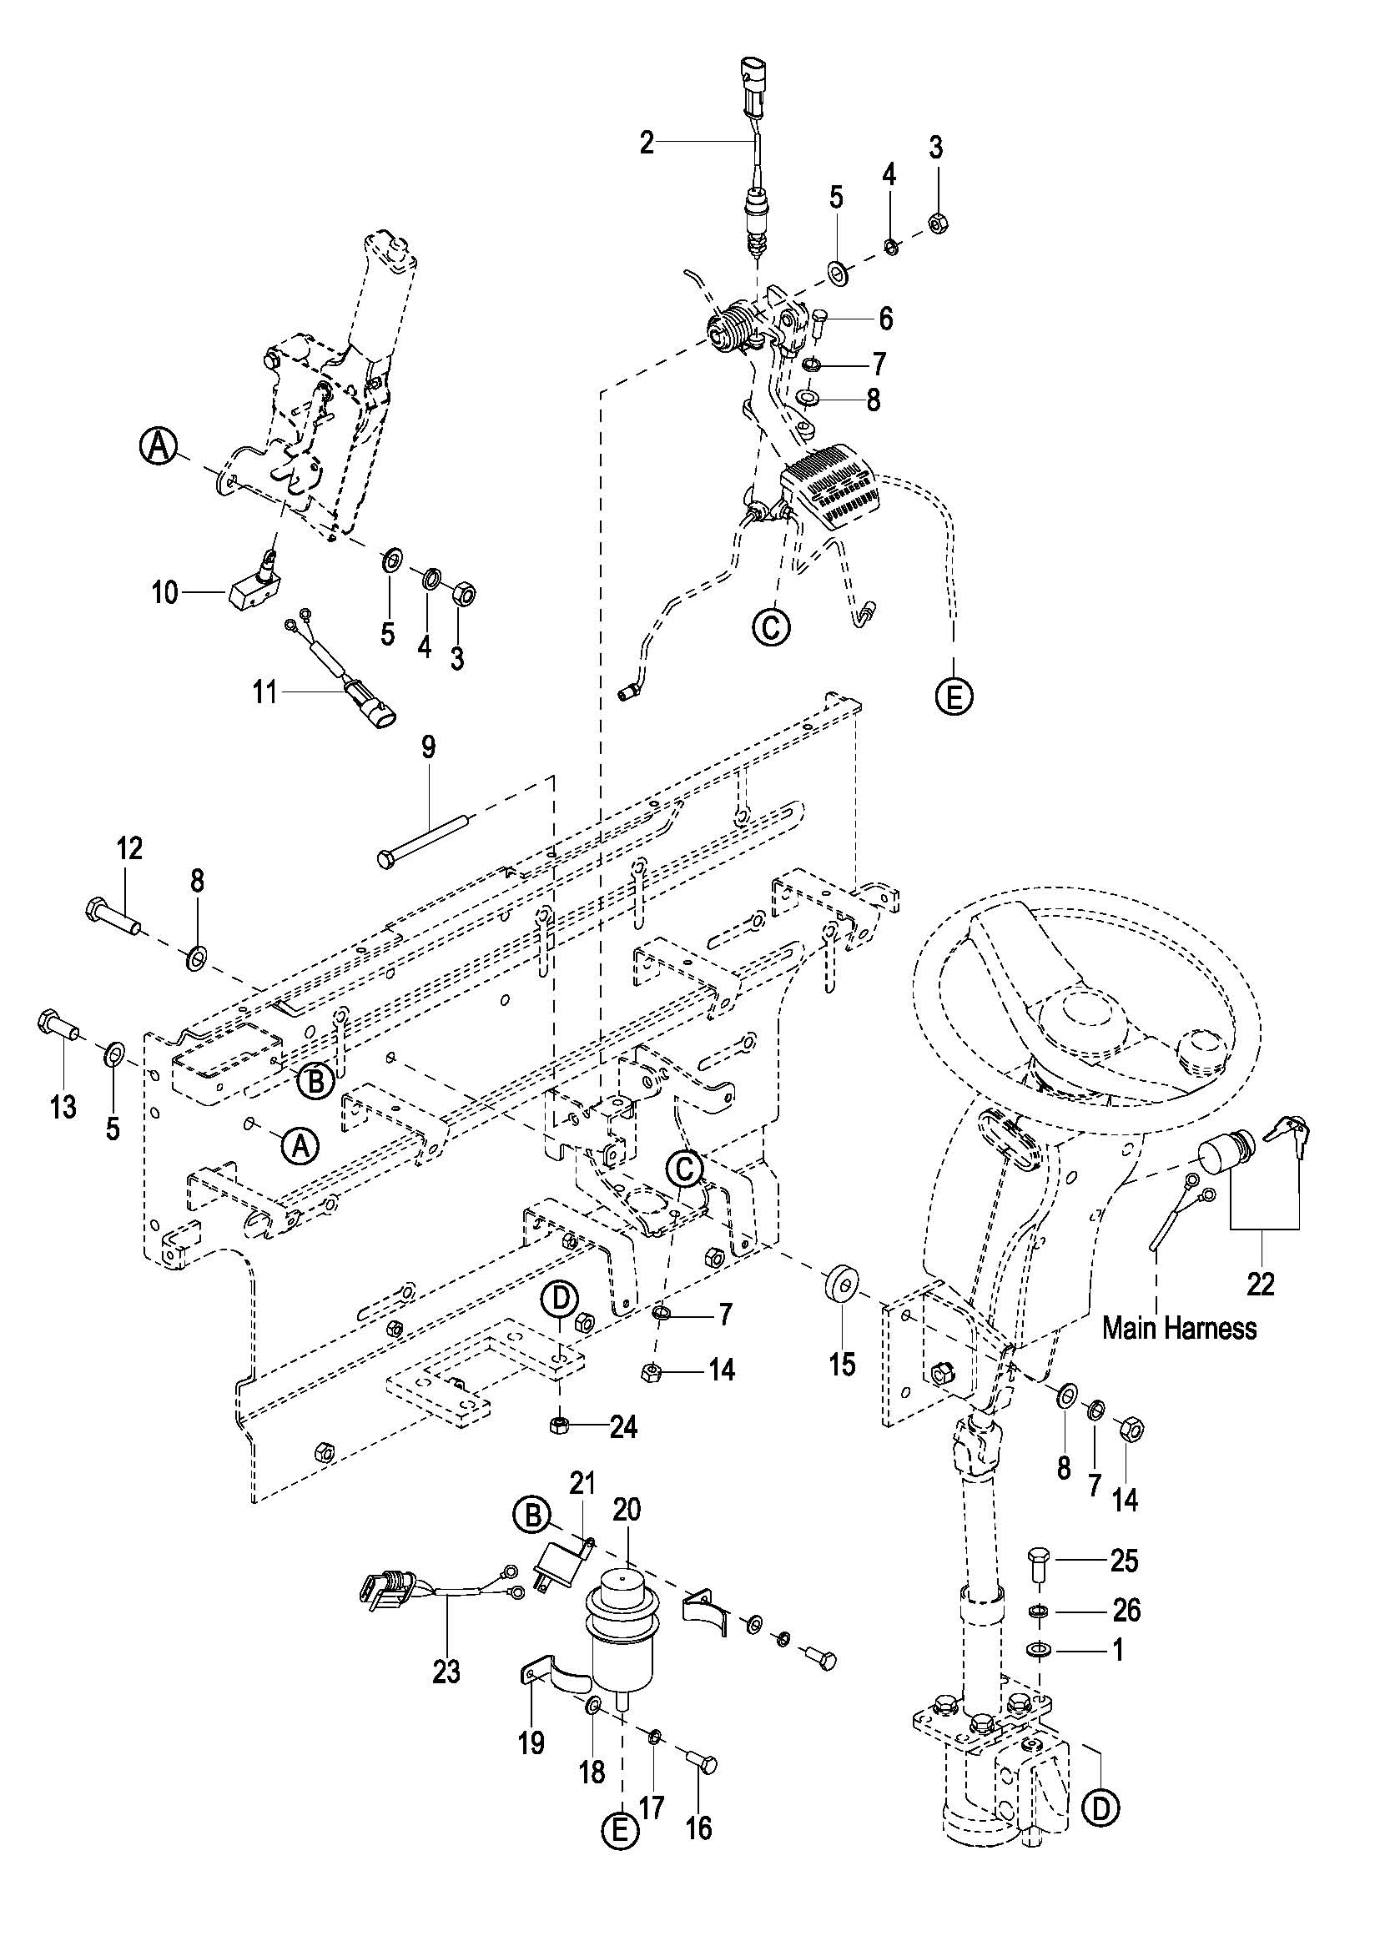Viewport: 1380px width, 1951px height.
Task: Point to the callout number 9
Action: pyautogui.click(x=428, y=747)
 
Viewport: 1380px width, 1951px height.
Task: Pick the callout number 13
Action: pyautogui.click(x=63, y=1106)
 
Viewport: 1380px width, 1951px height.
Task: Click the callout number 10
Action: pyautogui.click(x=166, y=592)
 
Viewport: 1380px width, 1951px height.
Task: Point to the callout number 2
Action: pyautogui.click(x=647, y=143)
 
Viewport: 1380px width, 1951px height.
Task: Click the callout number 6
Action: pyautogui.click(x=885, y=319)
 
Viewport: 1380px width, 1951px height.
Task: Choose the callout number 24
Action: pyautogui.click(x=623, y=1427)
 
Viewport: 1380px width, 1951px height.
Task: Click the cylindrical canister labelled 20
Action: pyautogui.click(x=623, y=1629)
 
